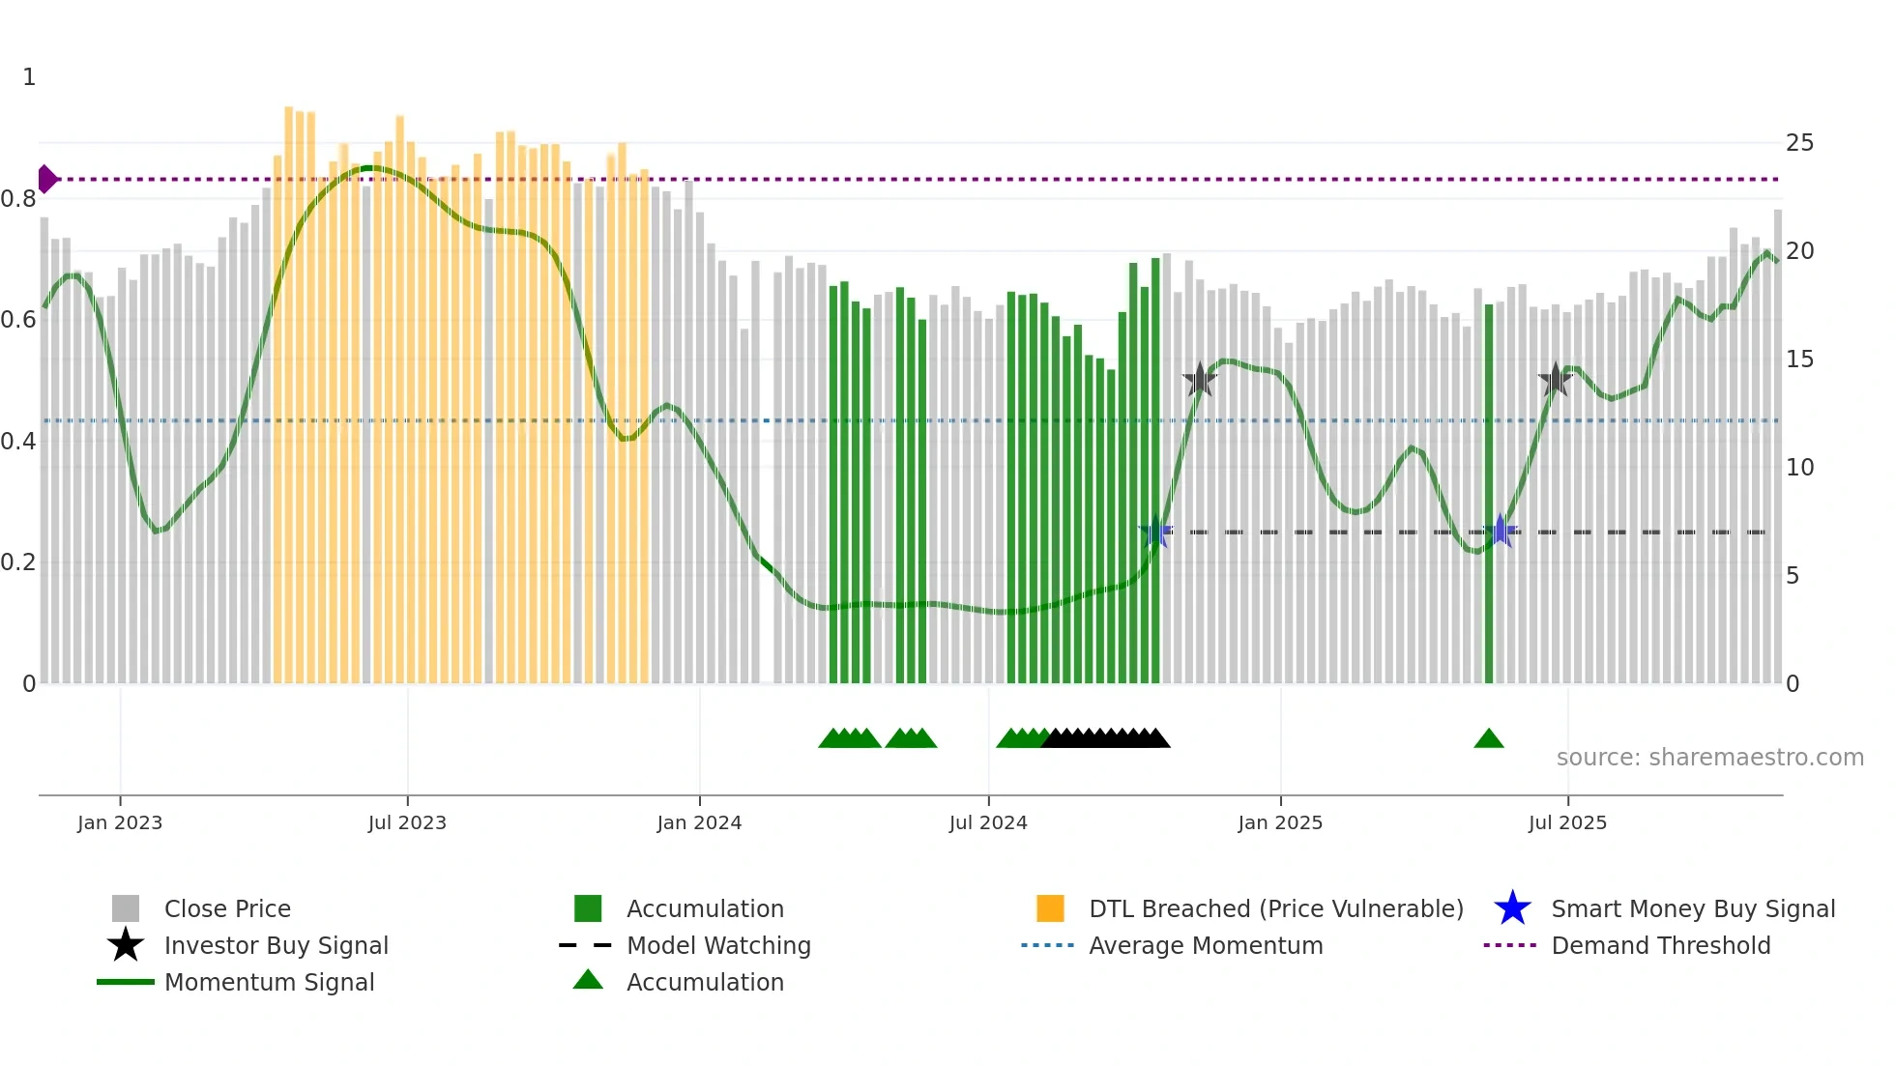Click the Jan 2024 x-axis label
coord(699,822)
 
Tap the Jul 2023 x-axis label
coord(407,822)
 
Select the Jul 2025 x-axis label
coord(1567,822)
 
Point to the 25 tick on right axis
coord(1799,143)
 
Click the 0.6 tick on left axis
coord(18,320)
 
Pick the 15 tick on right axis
coord(1799,360)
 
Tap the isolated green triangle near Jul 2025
coord(1489,739)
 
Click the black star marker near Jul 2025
coord(1555,380)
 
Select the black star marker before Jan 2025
coord(1200,380)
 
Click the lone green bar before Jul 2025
coord(1489,493)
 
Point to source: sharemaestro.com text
coord(1709,758)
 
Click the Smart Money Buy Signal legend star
coord(1512,908)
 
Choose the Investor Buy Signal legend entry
coord(276,945)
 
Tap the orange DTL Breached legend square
coord(1050,908)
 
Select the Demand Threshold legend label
coord(1660,945)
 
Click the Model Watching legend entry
coord(717,945)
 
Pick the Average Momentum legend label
coord(1205,945)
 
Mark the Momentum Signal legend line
coord(126,982)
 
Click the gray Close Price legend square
coord(126,908)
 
